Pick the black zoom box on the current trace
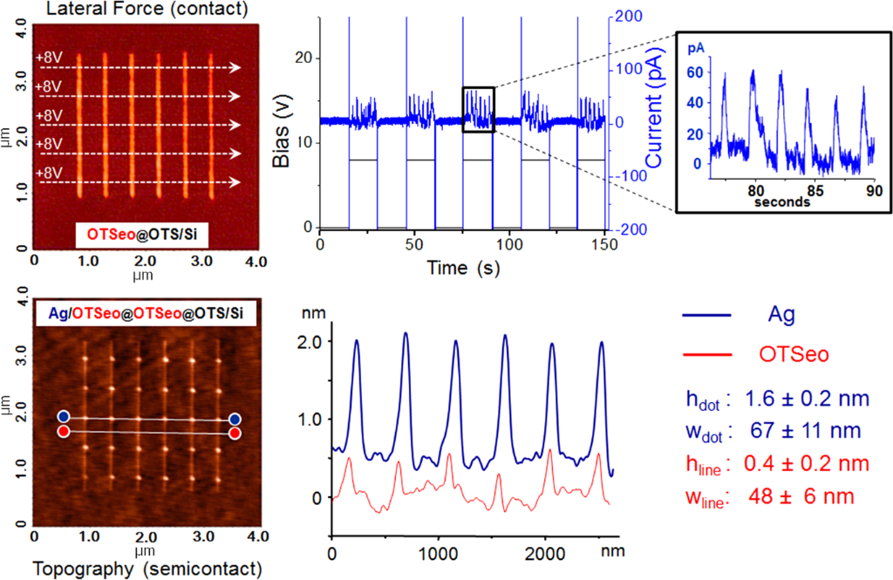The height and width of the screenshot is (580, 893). point(479,109)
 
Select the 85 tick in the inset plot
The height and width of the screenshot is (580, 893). point(807,188)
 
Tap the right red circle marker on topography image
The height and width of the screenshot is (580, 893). point(235,432)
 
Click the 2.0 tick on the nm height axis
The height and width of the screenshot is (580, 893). point(310,341)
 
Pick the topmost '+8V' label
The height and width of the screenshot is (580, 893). point(49,58)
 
